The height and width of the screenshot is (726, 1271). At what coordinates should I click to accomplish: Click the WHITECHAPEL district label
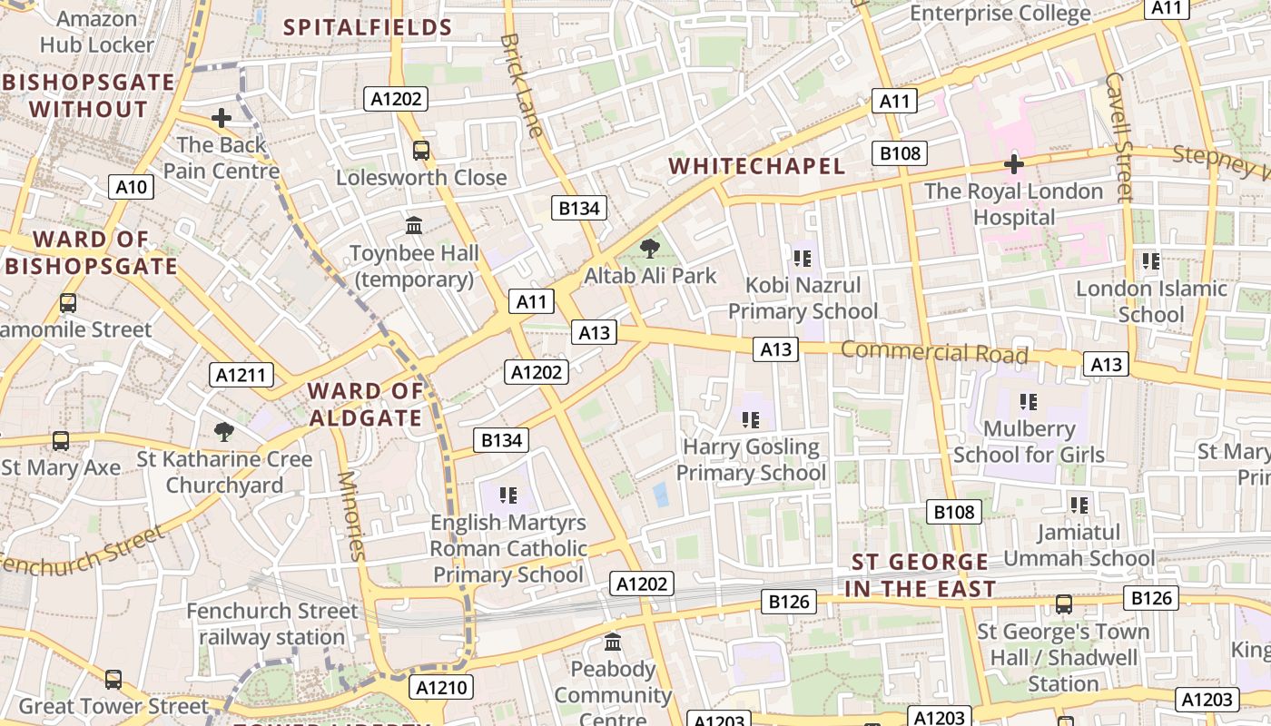pyautogui.click(x=756, y=166)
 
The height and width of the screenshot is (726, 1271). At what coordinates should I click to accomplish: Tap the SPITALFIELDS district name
pyautogui.click(x=368, y=27)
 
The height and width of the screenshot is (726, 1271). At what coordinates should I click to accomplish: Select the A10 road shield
pyautogui.click(x=132, y=188)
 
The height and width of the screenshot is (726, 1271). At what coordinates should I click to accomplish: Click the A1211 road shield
pyautogui.click(x=242, y=375)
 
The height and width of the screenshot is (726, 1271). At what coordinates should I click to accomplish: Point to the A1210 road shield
pyautogui.click(x=442, y=688)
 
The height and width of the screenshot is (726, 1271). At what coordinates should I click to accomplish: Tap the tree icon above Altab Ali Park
pyautogui.click(x=650, y=248)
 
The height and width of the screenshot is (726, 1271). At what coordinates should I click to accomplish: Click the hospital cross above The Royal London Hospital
pyautogui.click(x=1013, y=164)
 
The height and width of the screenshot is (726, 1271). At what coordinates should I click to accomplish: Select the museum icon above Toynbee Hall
pyautogui.click(x=414, y=224)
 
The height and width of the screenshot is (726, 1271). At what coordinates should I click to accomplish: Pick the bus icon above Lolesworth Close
pyautogui.click(x=421, y=150)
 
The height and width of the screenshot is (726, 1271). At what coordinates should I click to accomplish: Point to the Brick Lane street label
pyautogui.click(x=522, y=85)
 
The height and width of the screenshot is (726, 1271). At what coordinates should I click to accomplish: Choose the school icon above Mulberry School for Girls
pyautogui.click(x=1029, y=400)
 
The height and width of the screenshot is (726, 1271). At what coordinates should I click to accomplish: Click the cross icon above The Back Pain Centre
pyautogui.click(x=222, y=117)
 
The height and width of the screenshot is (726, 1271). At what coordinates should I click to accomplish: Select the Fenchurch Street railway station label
pyautogui.click(x=272, y=624)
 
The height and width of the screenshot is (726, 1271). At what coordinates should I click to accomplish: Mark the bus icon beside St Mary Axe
pyautogui.click(x=61, y=441)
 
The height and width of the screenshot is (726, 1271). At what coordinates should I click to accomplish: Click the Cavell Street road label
pyautogui.click(x=1119, y=136)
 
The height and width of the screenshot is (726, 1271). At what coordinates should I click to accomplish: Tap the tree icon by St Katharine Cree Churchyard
pyautogui.click(x=223, y=432)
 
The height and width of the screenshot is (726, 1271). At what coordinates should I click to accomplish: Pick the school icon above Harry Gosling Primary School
pyautogui.click(x=751, y=419)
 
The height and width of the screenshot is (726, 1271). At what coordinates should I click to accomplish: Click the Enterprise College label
pyautogui.click(x=1000, y=13)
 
